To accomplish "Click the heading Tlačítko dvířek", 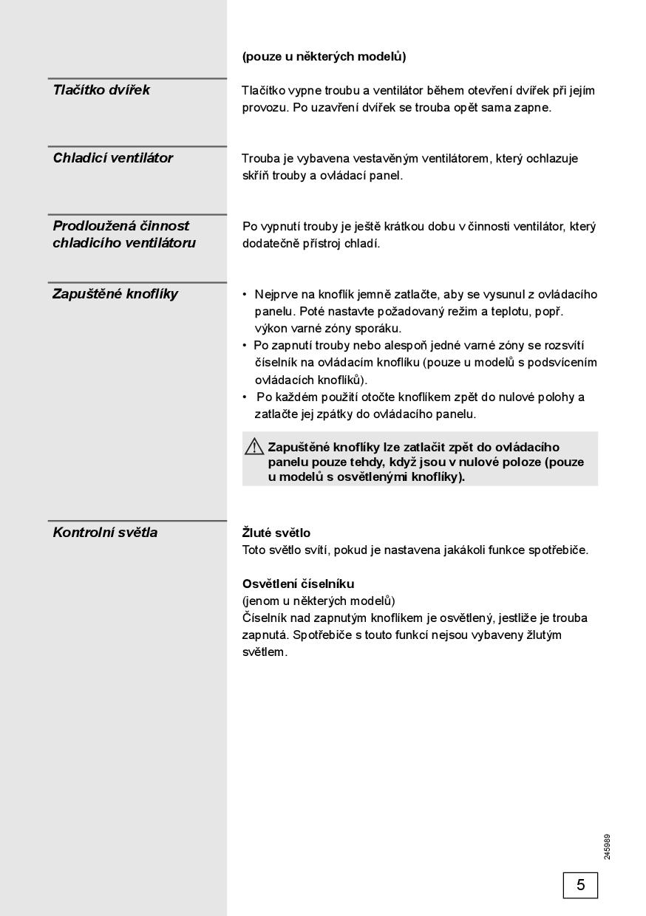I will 101,90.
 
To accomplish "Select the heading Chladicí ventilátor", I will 112,158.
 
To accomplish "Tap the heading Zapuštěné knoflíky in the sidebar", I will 115,294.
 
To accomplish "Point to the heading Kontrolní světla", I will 105,533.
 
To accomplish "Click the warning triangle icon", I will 254,446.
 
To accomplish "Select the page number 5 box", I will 580,885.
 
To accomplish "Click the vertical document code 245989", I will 607,847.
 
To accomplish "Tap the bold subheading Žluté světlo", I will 276,533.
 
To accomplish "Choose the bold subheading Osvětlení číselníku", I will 298,584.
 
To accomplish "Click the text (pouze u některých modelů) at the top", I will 324,56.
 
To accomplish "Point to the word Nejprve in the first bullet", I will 276,294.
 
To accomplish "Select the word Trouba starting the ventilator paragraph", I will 260,158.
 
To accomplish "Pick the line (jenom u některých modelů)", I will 319,601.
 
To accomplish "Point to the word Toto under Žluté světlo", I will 255,550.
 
